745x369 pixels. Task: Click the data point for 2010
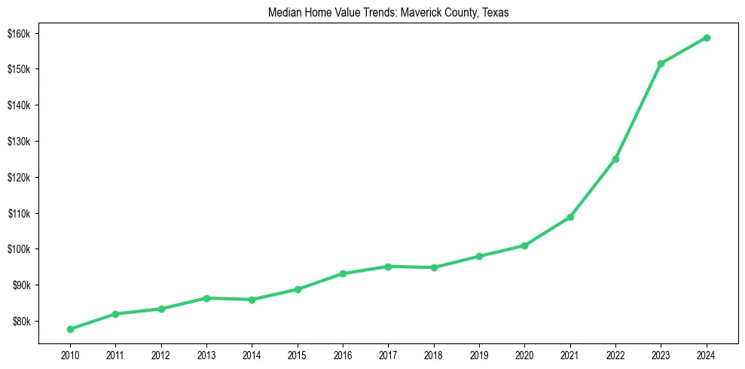(70, 329)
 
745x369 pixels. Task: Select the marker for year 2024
(707, 38)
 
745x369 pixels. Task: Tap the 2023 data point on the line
(661, 63)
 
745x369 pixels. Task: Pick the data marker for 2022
(615, 159)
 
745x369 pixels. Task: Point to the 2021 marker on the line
(570, 217)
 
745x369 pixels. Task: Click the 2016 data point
(343, 273)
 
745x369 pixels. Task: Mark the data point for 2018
(434, 267)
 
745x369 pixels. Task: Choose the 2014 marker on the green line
(252, 300)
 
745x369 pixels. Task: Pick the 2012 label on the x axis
(160, 353)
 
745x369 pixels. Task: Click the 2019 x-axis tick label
(479, 353)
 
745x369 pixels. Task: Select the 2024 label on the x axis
(707, 353)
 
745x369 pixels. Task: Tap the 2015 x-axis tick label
(297, 353)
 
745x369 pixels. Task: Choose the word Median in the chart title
(285, 13)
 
